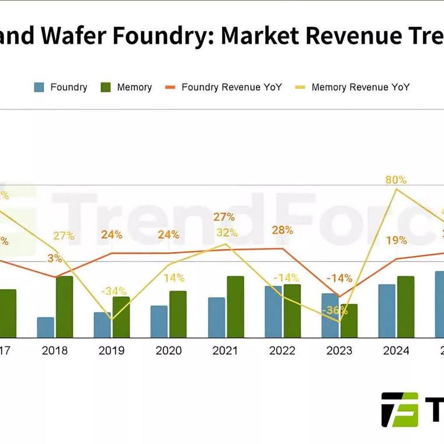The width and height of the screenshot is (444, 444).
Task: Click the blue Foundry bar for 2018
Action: pyautogui.click(x=46, y=328)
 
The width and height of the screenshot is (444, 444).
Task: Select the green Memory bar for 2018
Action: pyautogui.click(x=64, y=307)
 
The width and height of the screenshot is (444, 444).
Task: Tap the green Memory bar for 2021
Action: pyautogui.click(x=235, y=307)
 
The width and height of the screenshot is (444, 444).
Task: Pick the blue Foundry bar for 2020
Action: pyautogui.click(x=159, y=321)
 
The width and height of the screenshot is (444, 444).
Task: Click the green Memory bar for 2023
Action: pyautogui.click(x=349, y=321)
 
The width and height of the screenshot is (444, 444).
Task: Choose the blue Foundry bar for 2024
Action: pyautogui.click(x=387, y=311)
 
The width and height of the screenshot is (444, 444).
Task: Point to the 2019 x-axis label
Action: pyautogui.click(x=112, y=351)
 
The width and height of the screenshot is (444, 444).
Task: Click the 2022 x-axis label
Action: pyautogui.click(x=282, y=351)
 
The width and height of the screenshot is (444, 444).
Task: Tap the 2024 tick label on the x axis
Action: pyautogui.click(x=396, y=351)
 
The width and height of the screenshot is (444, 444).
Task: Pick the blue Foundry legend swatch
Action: pyautogui.click(x=39, y=87)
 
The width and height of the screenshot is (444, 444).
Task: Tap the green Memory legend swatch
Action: pyautogui.click(x=106, y=87)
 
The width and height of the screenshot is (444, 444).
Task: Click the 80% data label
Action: pyautogui.click(x=396, y=180)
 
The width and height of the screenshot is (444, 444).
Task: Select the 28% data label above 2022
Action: pyautogui.click(x=282, y=230)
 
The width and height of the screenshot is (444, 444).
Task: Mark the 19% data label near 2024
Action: pyautogui.click(x=396, y=240)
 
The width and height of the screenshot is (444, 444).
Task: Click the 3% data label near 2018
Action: pyautogui.click(x=55, y=258)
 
